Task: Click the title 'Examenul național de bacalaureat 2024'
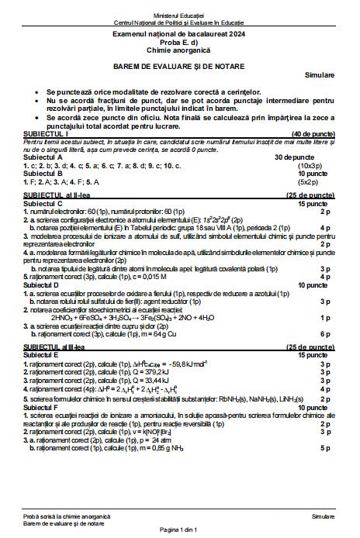pyautogui.click(x=179, y=36)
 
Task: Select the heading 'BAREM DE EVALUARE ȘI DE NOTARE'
pyautogui.click(x=179, y=65)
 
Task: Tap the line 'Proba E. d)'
pyautogui.click(x=179, y=43)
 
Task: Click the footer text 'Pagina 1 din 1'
pyautogui.click(x=179, y=530)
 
